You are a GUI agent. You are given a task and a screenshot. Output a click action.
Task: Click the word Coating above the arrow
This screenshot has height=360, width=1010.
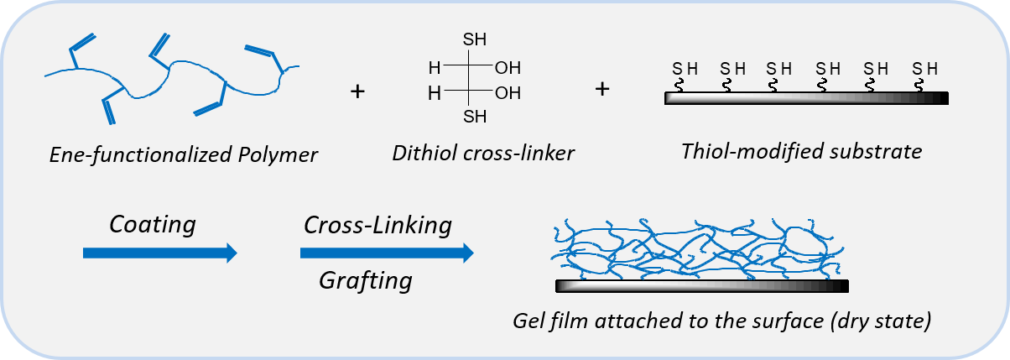point(152,225)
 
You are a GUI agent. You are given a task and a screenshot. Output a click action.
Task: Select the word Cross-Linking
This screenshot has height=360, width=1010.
point(377,225)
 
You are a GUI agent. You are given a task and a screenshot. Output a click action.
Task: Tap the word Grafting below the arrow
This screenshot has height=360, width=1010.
point(365,280)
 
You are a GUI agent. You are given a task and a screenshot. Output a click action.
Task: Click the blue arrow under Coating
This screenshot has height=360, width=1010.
point(159,253)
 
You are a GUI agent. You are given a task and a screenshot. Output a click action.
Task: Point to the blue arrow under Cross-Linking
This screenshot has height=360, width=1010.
point(386,253)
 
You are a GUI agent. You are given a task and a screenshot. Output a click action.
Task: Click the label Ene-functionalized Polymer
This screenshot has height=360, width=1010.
point(184,154)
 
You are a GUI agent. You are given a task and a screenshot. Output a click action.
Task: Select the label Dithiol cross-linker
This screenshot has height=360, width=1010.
point(482,152)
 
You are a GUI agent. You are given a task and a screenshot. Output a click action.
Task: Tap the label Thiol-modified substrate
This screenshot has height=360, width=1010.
point(801,151)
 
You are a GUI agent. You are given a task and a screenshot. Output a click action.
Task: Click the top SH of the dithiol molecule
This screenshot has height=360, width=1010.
point(474,39)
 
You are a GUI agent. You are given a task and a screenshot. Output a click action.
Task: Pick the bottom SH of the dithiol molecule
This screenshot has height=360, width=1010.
point(474,117)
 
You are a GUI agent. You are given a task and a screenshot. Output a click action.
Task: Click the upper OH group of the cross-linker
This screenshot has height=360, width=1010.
point(508,67)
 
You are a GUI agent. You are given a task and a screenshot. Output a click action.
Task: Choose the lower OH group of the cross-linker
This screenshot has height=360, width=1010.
point(508,93)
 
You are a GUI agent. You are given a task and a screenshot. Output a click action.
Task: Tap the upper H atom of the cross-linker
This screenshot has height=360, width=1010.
point(433,67)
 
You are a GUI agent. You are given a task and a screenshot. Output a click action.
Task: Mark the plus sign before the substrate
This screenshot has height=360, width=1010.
point(601,87)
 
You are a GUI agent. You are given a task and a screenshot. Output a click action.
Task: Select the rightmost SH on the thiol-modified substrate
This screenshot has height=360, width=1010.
point(925,68)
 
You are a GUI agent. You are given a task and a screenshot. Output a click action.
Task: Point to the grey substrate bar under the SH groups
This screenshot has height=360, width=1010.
point(805,98)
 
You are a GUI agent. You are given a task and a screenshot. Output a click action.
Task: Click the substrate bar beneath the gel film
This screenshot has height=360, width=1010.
point(701,286)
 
